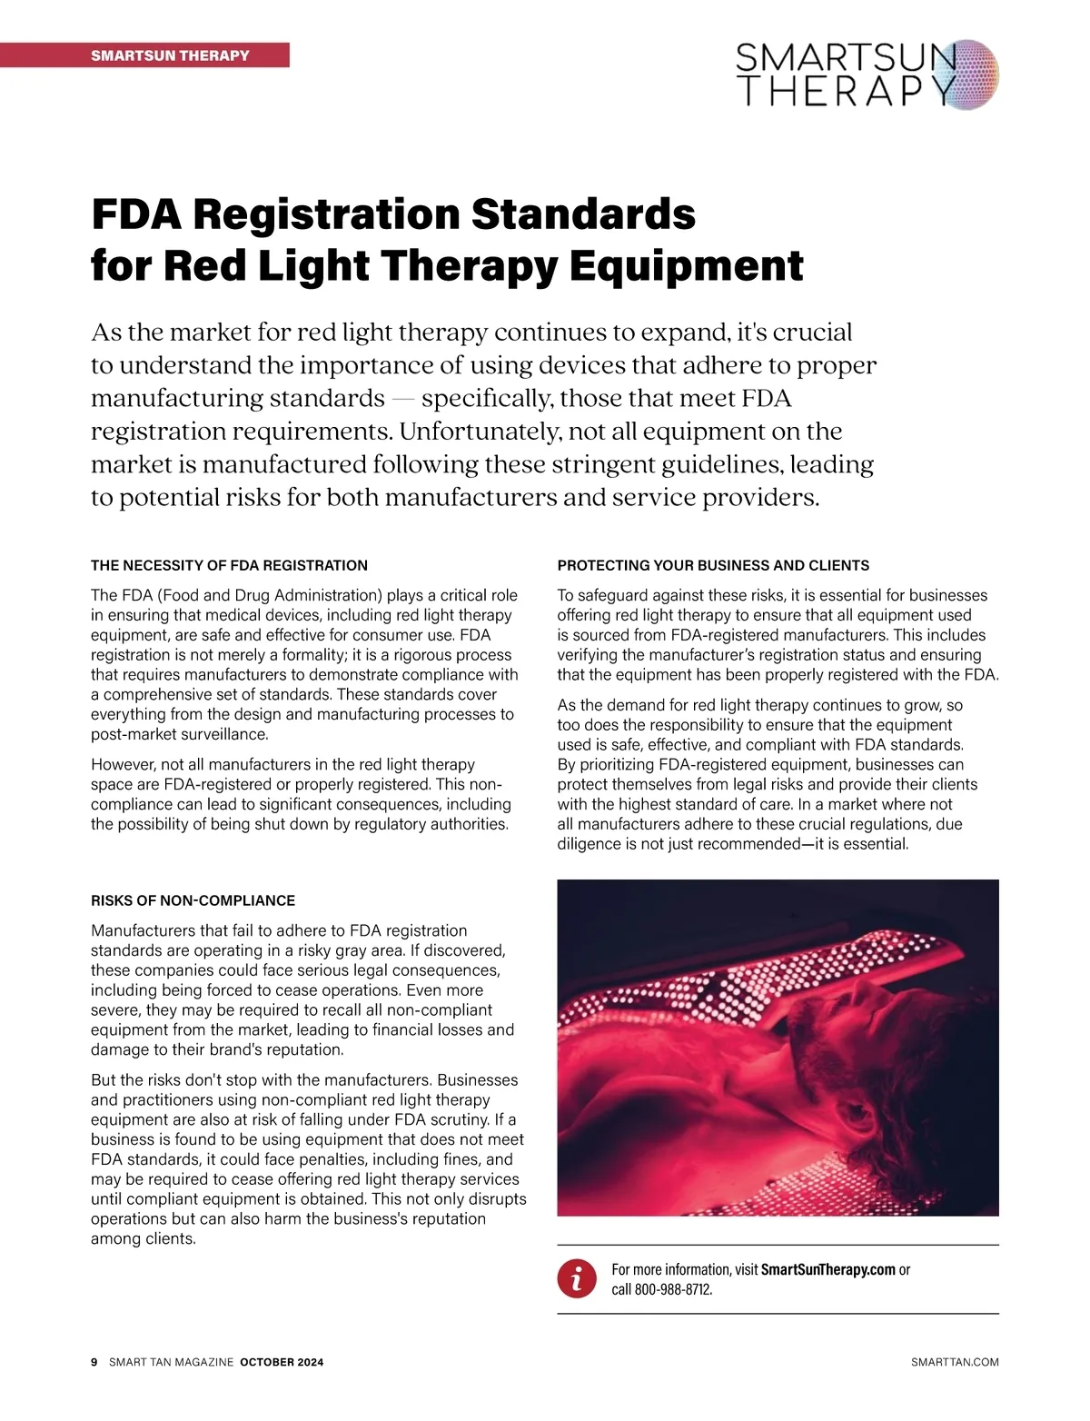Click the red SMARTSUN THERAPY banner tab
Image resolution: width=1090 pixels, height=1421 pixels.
pos(170,55)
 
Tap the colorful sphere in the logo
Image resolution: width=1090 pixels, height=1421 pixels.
pos(966,75)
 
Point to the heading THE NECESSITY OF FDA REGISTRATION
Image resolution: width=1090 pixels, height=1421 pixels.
pos(229,565)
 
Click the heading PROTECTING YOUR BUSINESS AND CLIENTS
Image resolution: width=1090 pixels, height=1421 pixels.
pos(713,565)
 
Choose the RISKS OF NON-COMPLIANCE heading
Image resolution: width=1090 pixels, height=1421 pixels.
pos(193,900)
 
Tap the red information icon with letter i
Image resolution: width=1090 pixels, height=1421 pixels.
pos(577,1279)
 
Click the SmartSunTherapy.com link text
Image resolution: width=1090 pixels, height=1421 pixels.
pos(827,1269)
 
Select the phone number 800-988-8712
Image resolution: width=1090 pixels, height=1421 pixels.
pos(672,1289)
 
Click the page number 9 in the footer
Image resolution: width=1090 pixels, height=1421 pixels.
pos(94,1362)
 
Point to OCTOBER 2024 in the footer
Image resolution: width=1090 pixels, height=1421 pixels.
pos(282,1362)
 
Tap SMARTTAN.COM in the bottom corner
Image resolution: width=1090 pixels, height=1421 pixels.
pos(954,1362)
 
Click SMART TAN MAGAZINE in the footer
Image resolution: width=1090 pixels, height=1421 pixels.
pos(171,1362)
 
